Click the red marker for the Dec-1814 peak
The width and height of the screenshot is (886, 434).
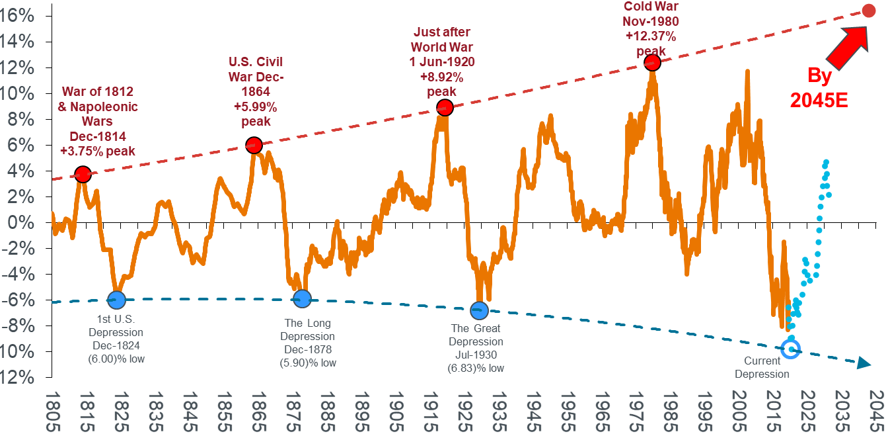pos(83,175)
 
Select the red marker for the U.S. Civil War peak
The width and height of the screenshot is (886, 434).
pos(254,145)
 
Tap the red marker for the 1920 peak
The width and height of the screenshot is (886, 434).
pos(445,107)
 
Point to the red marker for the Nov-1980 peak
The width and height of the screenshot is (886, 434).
pos(652,63)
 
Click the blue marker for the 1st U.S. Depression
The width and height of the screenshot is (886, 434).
pos(117,299)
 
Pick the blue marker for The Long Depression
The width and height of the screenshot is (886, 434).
pos(302,298)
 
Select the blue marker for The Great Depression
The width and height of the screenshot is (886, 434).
pos(479,310)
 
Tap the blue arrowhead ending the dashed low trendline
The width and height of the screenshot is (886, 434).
pos(863,363)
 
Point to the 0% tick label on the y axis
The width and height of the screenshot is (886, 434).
pos(23,222)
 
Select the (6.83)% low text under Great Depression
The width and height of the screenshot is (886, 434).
pos(476,368)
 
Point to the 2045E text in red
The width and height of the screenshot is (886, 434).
pos(819,101)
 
